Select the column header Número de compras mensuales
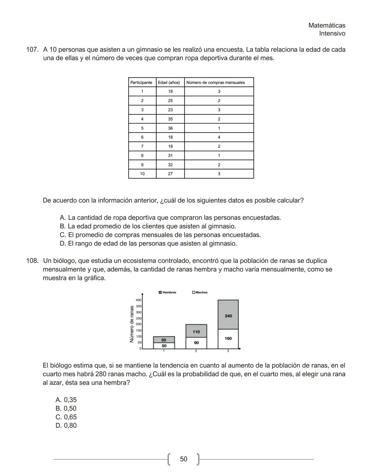tap(215, 82)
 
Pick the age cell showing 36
tap(170, 128)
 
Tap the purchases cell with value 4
tap(219, 137)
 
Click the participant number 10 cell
tap(142, 174)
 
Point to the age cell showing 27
tap(170, 174)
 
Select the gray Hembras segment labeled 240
tap(228, 316)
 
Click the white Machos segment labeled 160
tap(228, 339)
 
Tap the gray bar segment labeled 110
tap(196, 331)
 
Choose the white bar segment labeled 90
tap(196, 343)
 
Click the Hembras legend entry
tap(168, 292)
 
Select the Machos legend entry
tap(200, 292)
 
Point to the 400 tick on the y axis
tap(138, 300)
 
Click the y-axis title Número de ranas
tap(132, 324)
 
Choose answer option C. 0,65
tap(66, 417)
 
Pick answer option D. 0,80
tap(66, 425)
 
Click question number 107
tap(32, 50)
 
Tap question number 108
tap(32, 261)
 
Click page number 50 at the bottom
tap(183, 459)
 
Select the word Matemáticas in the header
tap(327, 25)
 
